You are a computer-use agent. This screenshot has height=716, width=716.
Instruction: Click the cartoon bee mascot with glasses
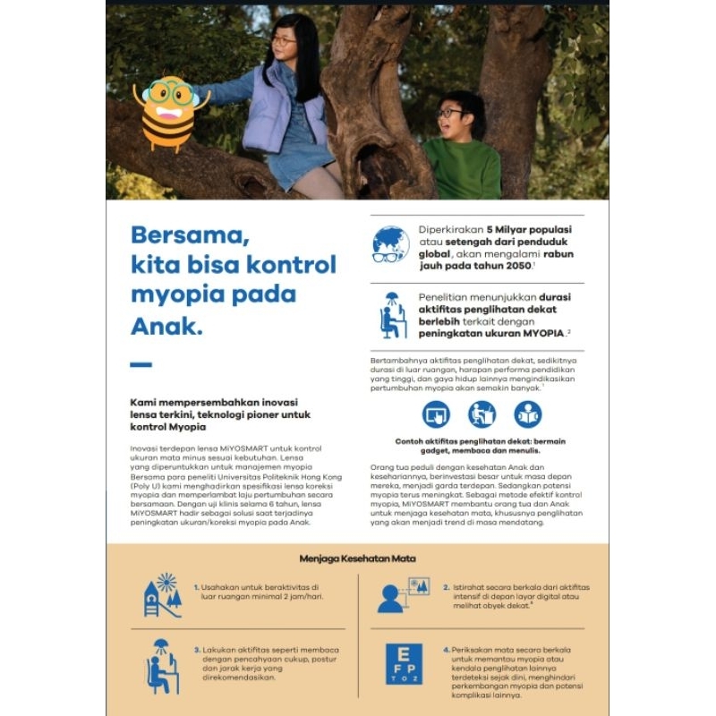point(167,112)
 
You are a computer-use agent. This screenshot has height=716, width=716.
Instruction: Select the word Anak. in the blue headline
point(166,326)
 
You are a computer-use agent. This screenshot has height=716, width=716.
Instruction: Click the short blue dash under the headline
point(141,364)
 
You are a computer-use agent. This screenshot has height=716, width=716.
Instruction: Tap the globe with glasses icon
point(391,243)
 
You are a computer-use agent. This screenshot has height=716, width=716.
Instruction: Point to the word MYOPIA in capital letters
point(539,333)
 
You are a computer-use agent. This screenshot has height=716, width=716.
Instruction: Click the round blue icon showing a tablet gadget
point(436,414)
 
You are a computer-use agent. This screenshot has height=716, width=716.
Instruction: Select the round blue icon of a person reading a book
point(528,414)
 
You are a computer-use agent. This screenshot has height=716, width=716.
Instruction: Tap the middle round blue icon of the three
point(482,414)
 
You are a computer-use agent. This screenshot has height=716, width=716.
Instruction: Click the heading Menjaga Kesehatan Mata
point(357,558)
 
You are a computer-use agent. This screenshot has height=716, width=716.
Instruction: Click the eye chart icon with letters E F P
point(405,663)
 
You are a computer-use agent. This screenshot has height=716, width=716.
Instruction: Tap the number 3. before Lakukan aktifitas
point(198,651)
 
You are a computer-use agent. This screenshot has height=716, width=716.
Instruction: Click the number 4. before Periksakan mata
point(447,650)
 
